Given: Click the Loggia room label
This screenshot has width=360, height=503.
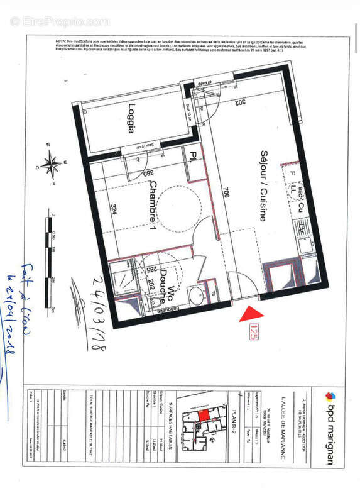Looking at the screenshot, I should point(131,118).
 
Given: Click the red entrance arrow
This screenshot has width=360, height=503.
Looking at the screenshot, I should point(250,312).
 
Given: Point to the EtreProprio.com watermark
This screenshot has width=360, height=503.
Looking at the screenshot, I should point(60,21).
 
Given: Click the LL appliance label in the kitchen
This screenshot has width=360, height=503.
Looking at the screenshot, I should point(293,188).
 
